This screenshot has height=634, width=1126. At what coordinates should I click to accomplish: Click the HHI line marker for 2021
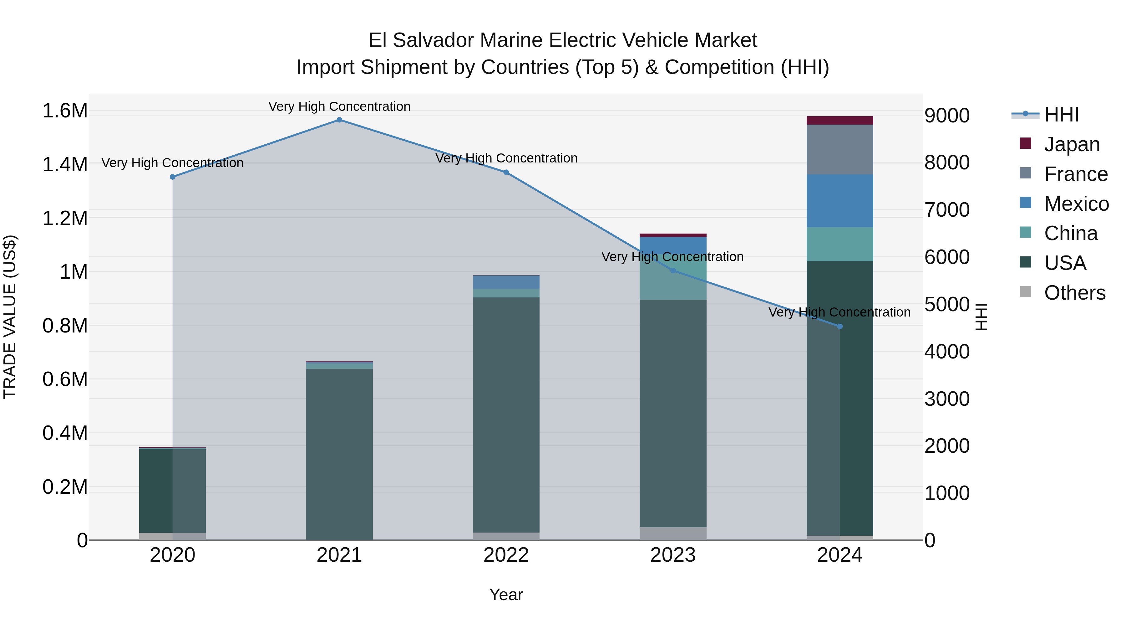339,120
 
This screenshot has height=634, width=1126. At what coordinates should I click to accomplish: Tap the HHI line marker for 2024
840,327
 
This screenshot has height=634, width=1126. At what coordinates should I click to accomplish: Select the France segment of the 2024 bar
840,150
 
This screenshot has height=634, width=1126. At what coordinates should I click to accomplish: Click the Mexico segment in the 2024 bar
840,201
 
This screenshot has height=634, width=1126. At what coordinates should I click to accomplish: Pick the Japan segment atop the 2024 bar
840,120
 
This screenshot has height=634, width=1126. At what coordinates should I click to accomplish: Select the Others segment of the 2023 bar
673,533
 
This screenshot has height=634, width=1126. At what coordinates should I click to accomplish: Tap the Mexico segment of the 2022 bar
506,282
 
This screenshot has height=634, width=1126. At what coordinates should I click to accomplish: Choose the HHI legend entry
1061,115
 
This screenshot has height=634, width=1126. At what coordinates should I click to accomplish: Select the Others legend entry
1074,293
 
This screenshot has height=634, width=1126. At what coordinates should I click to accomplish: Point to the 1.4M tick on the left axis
65,165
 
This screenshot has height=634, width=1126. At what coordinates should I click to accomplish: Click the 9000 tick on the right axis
947,116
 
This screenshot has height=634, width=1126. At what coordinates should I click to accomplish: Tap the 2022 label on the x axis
506,555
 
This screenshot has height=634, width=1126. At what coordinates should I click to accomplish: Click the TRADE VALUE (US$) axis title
10,317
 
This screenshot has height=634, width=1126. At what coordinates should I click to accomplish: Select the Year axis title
506,595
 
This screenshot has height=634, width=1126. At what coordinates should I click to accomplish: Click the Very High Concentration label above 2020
172,163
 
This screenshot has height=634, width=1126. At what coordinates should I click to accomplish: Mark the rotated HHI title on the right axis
981,317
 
